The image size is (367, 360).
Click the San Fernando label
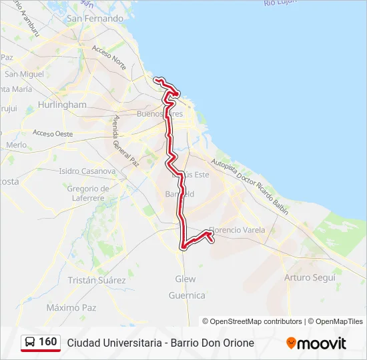(x=95, y=19)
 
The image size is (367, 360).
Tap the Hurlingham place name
(x=63, y=105)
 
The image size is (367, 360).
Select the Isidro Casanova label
(x=87, y=171)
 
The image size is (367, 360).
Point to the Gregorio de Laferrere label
(x=87, y=193)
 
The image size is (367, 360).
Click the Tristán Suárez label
(x=97, y=281)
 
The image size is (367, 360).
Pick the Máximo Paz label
(x=71, y=308)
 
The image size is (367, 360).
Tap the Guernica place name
(x=187, y=295)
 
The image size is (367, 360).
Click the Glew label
(x=186, y=279)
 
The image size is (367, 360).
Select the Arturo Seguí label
(x=310, y=277)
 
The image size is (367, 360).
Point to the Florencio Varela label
(x=237, y=230)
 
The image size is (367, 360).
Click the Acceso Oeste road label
(x=53, y=133)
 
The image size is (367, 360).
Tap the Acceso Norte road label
(x=109, y=57)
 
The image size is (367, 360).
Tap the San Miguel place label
(x=24, y=74)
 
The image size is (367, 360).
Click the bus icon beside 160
(x=29, y=343)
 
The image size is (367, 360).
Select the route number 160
(x=48, y=342)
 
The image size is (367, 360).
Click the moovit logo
(x=316, y=343)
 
